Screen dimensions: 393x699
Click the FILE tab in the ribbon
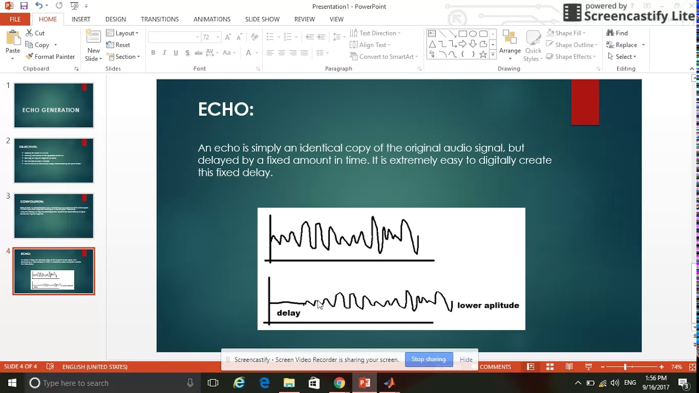[15, 19]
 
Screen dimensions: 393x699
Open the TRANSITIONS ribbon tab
[159, 19]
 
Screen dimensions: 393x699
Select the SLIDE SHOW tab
[262, 19]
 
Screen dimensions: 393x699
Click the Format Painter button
[50, 57]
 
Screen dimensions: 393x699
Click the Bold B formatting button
[153, 53]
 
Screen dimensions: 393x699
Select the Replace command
[626, 45]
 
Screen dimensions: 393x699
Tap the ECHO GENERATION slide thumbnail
[54, 105]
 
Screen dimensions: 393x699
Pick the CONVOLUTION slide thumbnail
[54, 216]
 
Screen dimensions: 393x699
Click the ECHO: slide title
[226, 109]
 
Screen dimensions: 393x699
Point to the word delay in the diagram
[288, 313]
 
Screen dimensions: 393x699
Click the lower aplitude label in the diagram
[488, 306]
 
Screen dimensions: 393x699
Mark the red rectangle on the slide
[585, 102]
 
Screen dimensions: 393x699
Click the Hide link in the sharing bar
[466, 360]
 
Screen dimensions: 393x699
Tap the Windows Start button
[12, 383]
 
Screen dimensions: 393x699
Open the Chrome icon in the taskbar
[339, 383]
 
